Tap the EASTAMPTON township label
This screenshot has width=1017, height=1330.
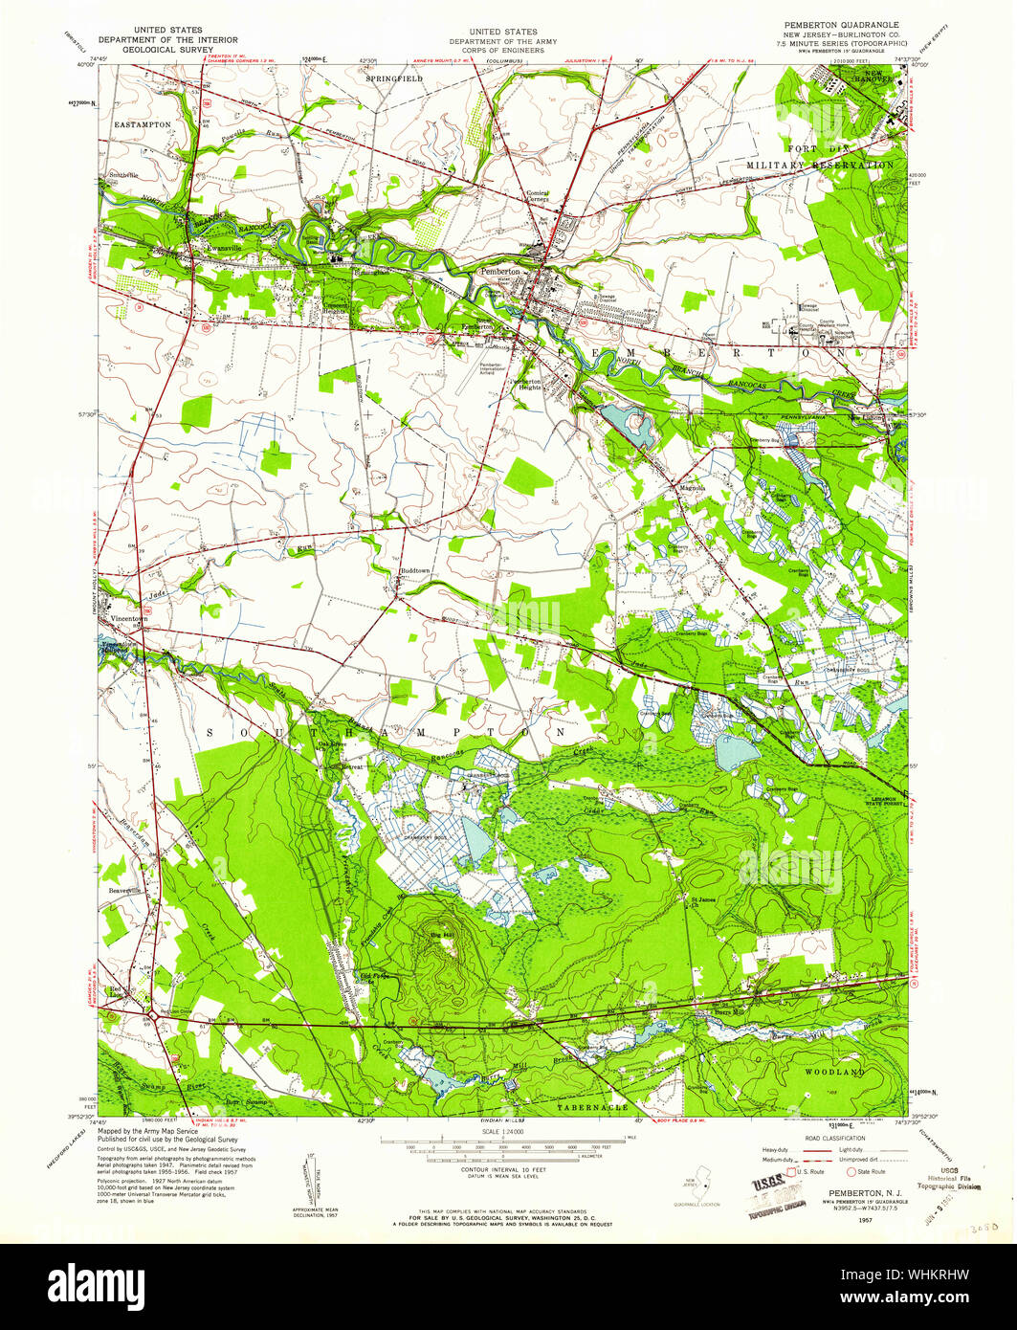pyautogui.click(x=142, y=124)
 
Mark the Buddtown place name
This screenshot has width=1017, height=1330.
pyautogui.click(x=414, y=570)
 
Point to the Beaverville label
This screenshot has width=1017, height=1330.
pyautogui.click(x=125, y=890)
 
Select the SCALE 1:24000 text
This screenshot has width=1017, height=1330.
pyautogui.click(x=509, y=1130)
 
